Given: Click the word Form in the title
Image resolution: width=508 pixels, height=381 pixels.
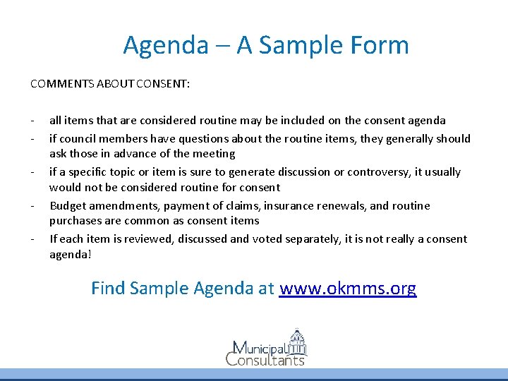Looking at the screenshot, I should coord(379,46).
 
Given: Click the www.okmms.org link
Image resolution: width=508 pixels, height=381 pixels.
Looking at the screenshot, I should coord(348,289).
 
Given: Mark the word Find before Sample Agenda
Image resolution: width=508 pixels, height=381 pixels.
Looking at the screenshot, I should coord(108,289).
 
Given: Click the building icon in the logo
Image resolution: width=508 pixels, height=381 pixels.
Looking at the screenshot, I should coord(297,342).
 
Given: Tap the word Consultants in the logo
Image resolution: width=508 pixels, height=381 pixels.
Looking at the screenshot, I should coord(265,360).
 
